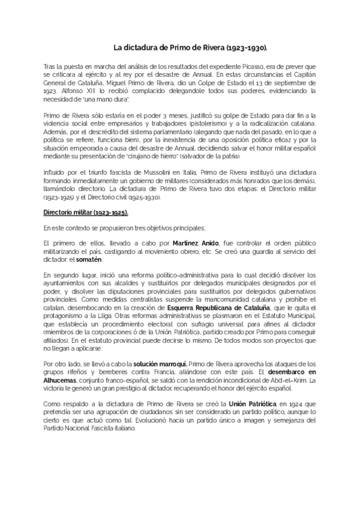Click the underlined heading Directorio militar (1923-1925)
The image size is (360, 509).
click(85, 212)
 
